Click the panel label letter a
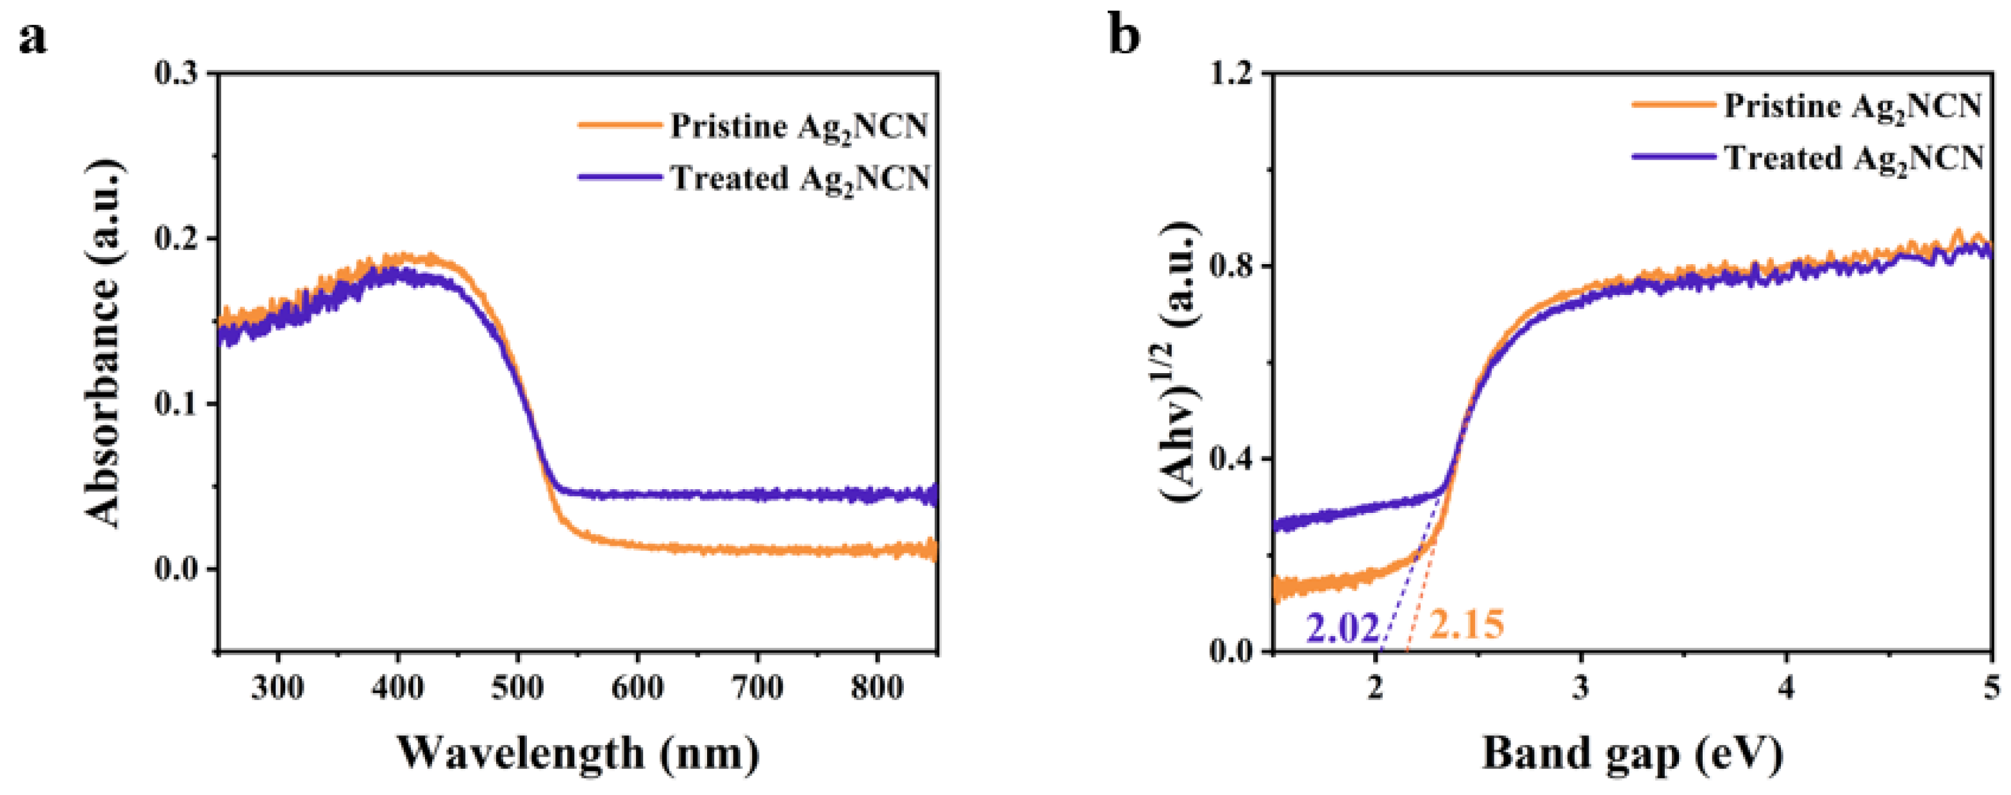click(33, 37)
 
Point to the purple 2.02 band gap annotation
click(1343, 630)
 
